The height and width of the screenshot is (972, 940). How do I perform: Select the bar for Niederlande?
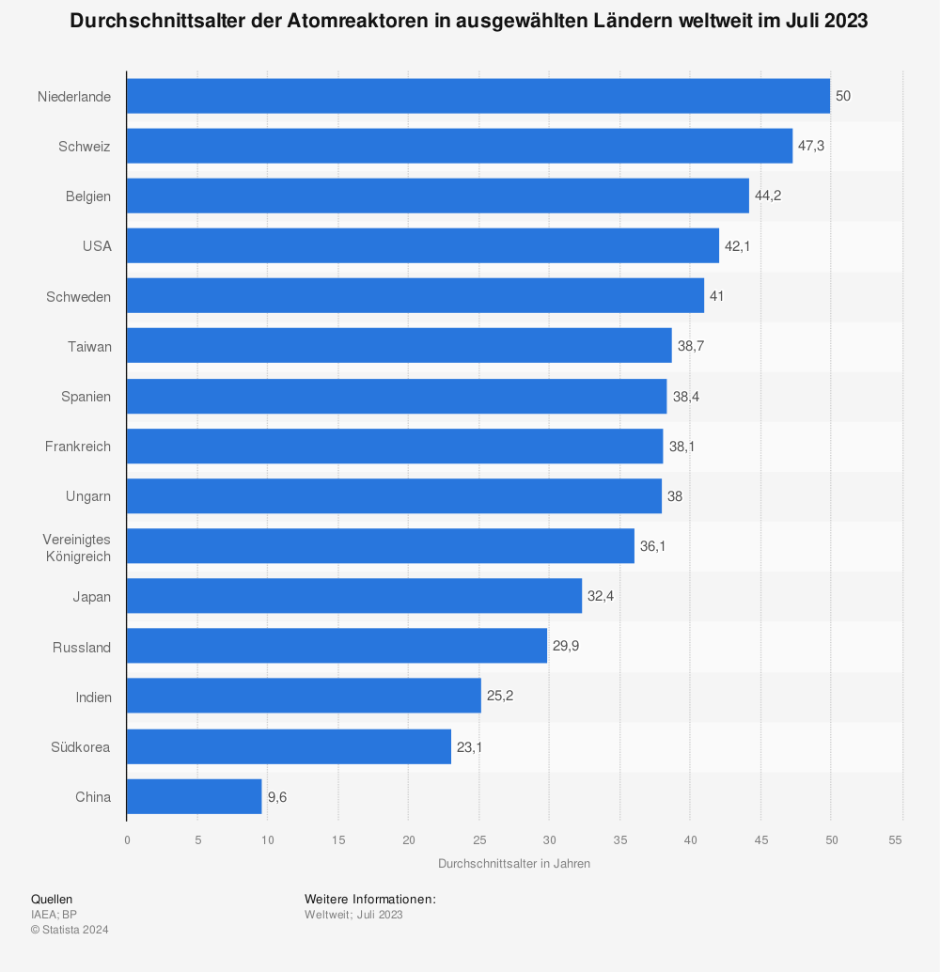478,96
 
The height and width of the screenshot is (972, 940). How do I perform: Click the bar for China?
194,796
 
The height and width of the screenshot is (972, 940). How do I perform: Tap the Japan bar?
353,596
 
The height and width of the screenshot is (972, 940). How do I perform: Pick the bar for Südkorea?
289,746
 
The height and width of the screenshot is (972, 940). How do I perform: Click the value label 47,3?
811,147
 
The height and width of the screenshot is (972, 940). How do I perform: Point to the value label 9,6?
277,797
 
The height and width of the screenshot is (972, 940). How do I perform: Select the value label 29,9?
566,647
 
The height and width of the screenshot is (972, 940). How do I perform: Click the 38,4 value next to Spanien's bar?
685,397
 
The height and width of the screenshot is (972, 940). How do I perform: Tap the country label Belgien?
88,196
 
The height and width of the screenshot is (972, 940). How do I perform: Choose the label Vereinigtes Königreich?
77,547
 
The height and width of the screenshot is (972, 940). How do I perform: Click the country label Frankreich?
78,447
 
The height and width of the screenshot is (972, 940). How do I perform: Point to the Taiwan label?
89,347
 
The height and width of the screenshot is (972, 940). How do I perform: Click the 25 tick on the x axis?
478,839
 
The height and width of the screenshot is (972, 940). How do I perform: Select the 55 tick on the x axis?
901,839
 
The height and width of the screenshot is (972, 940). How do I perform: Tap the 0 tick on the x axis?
127,839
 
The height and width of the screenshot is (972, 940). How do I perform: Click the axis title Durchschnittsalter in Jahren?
513,863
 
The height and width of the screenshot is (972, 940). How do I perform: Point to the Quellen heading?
52,900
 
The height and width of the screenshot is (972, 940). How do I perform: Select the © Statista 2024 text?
70,930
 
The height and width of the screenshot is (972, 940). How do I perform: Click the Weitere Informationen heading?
369,900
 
